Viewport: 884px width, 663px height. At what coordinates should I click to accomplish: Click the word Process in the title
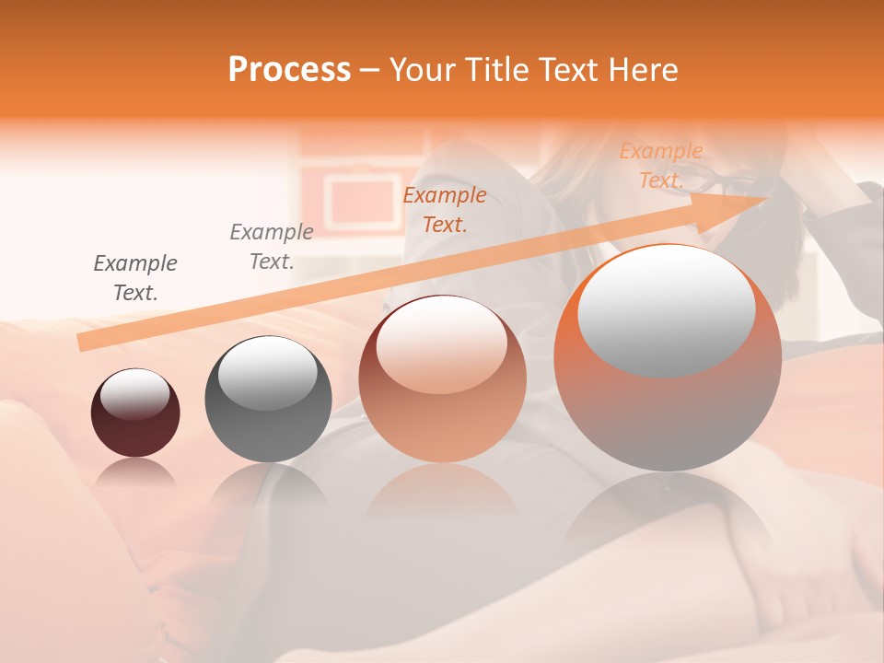[x=289, y=70]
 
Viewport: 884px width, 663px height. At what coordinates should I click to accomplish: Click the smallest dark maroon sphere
[x=135, y=413]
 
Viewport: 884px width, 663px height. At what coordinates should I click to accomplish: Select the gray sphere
[x=268, y=400]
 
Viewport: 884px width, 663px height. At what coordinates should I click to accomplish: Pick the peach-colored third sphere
[x=442, y=378]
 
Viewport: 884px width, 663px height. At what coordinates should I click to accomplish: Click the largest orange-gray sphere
[x=668, y=357]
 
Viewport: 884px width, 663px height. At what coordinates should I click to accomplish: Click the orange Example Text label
[x=661, y=166]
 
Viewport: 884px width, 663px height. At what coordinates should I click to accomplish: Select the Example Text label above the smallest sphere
[x=135, y=278]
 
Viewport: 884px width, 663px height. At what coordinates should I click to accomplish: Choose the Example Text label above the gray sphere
[x=272, y=247]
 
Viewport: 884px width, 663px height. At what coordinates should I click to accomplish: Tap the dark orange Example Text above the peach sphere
[x=445, y=209]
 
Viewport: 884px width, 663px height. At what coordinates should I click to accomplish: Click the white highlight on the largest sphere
[x=666, y=311]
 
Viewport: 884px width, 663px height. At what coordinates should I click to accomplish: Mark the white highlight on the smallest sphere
[x=134, y=394]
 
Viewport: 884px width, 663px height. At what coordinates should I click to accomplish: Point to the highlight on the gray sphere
[x=267, y=373]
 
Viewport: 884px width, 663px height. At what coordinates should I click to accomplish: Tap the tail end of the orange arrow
[x=86, y=343]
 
